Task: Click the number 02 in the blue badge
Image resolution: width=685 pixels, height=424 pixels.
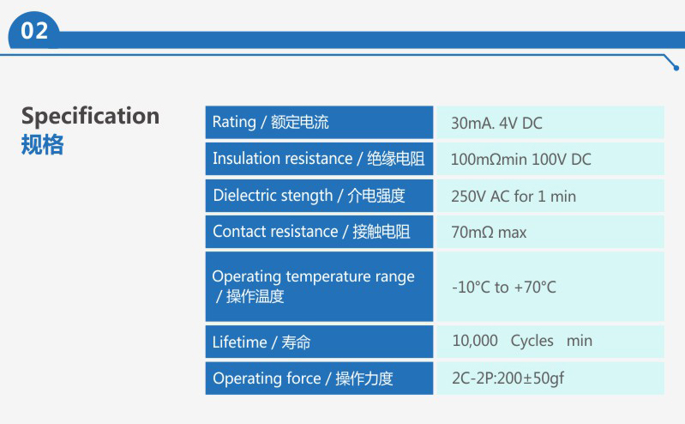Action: [34, 31]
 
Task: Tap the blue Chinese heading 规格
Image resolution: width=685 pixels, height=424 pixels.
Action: [42, 145]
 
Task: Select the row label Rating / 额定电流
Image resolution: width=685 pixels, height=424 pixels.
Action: [270, 122]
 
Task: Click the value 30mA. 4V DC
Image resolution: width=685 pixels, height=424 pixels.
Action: [496, 124]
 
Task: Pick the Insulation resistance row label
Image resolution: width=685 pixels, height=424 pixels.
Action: [318, 159]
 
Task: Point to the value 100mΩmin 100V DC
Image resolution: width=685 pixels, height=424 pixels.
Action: [520, 160]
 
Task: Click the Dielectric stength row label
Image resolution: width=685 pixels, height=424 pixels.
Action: [309, 196]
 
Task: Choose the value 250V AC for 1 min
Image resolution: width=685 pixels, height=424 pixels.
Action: [514, 197]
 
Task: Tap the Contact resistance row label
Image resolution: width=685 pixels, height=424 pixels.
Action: [311, 232]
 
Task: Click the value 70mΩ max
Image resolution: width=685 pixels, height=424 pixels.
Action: [489, 233]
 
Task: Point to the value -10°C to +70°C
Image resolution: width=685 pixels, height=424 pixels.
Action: [504, 288]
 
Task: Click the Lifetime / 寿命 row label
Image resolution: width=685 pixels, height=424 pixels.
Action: [261, 342]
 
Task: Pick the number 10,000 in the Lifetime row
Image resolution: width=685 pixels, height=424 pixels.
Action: [475, 341]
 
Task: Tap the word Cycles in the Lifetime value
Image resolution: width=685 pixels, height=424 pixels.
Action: [532, 342]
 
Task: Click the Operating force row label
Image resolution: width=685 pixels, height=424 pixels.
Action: [303, 379]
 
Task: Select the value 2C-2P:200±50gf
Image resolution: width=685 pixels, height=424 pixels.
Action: [508, 379]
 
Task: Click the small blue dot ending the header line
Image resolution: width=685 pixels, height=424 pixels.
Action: [676, 68]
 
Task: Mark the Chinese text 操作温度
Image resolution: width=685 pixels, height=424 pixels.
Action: [255, 297]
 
